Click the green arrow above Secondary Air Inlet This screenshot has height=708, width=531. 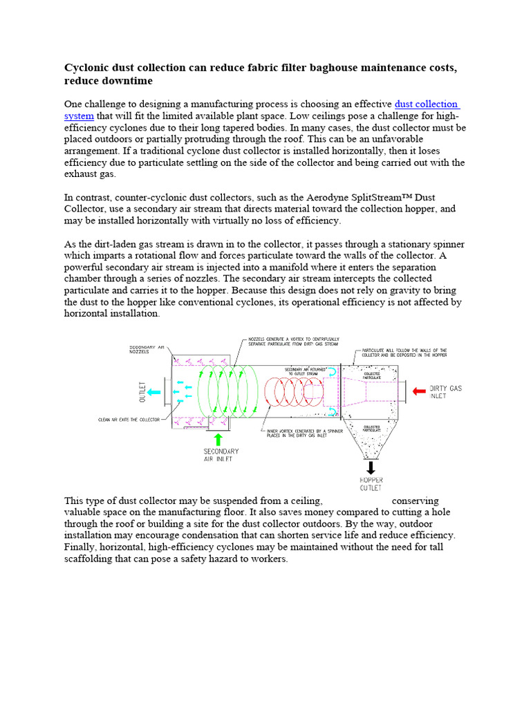(219, 439)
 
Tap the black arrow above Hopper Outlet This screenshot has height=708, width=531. (371, 467)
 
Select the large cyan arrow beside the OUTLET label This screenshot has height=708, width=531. (153, 391)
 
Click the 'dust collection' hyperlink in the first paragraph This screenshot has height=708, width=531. (426, 104)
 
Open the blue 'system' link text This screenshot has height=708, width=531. (78, 115)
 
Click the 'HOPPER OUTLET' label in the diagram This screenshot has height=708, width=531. (371, 483)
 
